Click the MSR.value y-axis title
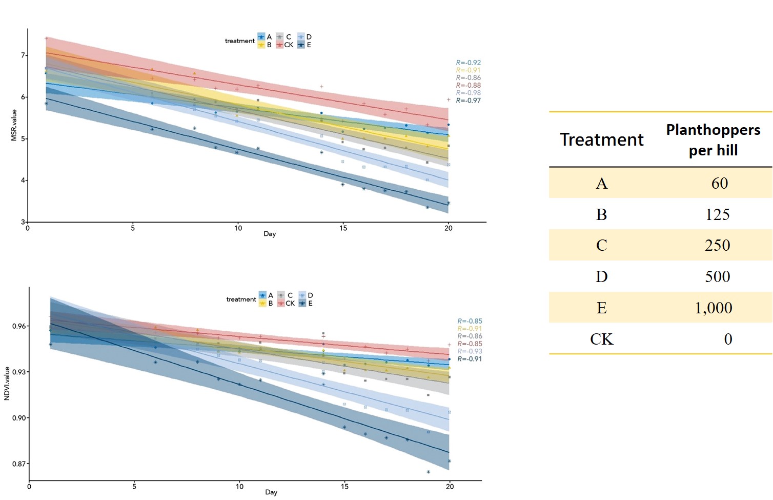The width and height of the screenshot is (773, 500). pos(14,125)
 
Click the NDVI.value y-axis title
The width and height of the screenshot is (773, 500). pos(7,384)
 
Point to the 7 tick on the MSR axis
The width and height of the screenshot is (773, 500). pos(23,55)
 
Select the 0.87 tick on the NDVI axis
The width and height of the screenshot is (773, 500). pos(19,464)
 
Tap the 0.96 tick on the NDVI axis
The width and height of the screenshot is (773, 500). pos(19,326)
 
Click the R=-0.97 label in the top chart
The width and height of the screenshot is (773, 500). pos(469,101)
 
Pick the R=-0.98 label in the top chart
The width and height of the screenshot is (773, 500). pos(469,93)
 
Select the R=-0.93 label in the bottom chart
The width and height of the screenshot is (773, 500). pos(470,351)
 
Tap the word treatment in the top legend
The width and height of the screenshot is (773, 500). pos(239,41)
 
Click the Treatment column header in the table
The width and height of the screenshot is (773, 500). pos(601,139)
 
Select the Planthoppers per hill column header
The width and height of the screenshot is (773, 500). pos(713,139)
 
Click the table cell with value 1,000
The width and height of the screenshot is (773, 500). pos(713,308)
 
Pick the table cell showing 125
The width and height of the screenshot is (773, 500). pos(717,214)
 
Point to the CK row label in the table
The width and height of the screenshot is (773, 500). pos(601,339)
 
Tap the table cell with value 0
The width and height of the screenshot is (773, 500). pos(728,339)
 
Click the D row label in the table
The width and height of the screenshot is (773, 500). pos(601,277)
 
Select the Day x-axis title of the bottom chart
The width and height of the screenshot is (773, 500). pos(271,492)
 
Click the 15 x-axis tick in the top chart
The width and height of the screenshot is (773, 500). pos(343,228)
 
